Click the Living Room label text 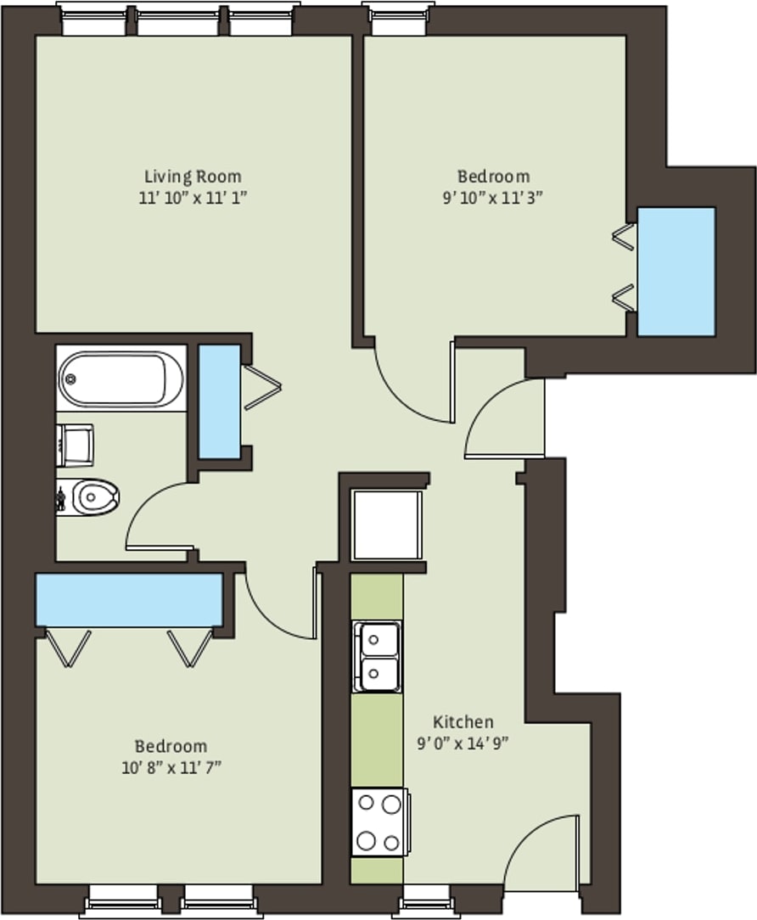coord(193,177)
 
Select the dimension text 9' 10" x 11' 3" coord(493,197)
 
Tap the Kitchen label coord(463,722)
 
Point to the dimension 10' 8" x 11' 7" coord(171,767)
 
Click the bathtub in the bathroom coord(121,379)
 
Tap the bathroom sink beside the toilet coord(76,446)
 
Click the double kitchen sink coord(378,657)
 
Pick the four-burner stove coord(378,822)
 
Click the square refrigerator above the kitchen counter coord(387,525)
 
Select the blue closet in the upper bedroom coord(676,272)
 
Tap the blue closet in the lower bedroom coord(129,600)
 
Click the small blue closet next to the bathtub coord(219,401)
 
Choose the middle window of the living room coord(178,20)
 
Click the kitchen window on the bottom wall coord(426,901)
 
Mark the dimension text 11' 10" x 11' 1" coord(193,197)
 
